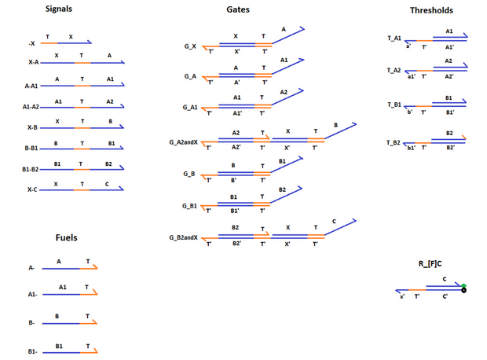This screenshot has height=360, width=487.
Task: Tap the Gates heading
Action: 239,10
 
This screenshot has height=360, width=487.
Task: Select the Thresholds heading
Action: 431,10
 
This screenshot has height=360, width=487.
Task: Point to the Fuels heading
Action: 67,237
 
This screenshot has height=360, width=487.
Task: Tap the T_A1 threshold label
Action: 394,38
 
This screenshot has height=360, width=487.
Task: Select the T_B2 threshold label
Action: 394,141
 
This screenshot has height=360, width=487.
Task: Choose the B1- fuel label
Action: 31,351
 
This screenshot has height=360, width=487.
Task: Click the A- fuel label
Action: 31,268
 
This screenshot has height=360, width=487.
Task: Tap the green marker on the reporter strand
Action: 464,285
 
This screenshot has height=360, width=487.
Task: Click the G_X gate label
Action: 190,46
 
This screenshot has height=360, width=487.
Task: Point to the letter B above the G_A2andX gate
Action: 335,126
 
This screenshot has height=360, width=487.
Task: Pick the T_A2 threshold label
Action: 394,71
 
